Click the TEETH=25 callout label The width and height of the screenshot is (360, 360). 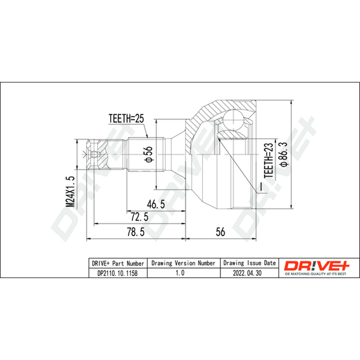126,118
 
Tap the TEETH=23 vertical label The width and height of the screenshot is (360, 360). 269,160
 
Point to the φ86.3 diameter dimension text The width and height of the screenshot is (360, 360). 283,154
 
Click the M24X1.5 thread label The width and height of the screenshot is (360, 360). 71,192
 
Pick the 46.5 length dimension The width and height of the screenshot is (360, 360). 156,204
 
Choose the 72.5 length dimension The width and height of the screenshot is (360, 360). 139,217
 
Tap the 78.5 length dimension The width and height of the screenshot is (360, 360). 136,232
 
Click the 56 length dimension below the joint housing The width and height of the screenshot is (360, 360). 220,232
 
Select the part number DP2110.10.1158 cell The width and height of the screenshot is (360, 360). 118,273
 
